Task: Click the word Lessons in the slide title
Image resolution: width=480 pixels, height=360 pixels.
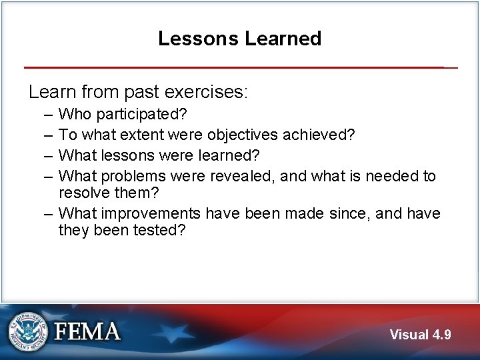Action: click(x=198, y=39)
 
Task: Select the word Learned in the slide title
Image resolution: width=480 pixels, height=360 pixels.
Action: click(x=283, y=39)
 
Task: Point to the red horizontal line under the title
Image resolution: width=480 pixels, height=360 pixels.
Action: click(x=233, y=67)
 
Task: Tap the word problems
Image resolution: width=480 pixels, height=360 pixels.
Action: click(x=133, y=176)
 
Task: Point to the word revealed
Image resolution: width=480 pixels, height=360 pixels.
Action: click(x=244, y=176)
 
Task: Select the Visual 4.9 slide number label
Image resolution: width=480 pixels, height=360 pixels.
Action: click(x=420, y=335)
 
